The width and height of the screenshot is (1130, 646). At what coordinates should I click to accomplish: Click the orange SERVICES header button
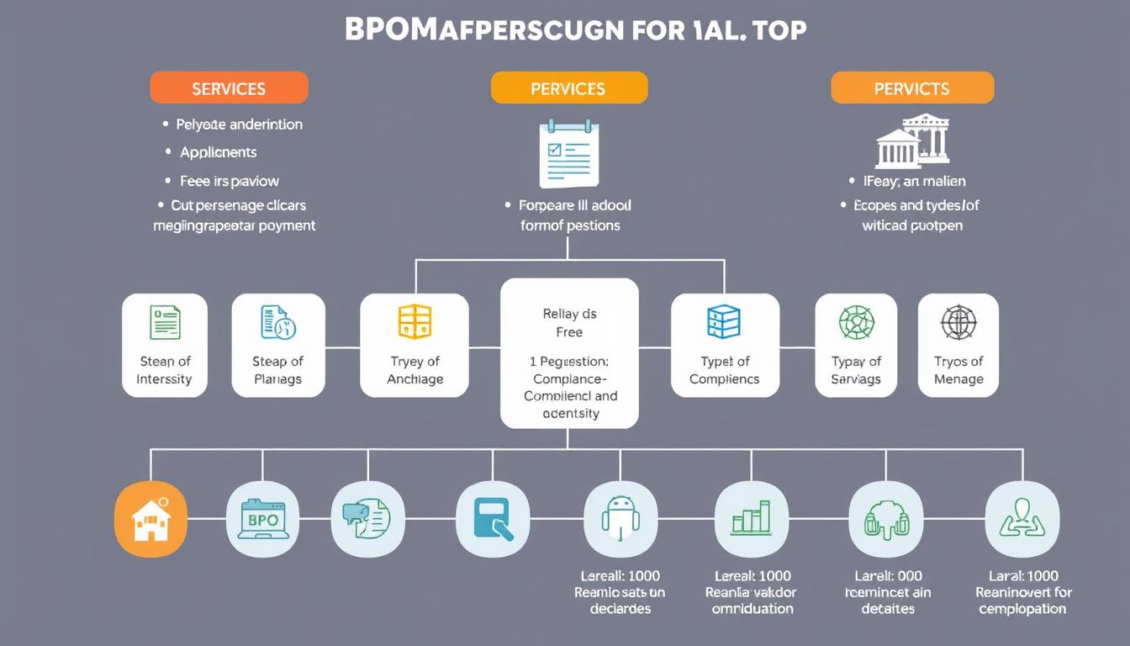[x=229, y=88]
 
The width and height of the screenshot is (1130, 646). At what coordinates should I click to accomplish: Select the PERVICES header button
[x=568, y=88]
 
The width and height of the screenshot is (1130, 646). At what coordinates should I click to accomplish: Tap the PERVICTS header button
[x=912, y=88]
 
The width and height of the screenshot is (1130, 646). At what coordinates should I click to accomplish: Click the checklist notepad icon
[x=569, y=154]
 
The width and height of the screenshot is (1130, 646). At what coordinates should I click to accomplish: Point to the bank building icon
[x=912, y=140]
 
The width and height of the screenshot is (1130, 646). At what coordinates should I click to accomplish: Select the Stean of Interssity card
[x=165, y=345]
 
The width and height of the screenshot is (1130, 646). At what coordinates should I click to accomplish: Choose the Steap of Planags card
[x=277, y=345]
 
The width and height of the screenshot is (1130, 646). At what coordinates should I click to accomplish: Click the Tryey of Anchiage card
[x=415, y=345]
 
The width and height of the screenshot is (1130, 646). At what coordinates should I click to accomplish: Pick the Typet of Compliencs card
[x=725, y=345]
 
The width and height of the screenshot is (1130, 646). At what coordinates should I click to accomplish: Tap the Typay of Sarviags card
[x=856, y=345]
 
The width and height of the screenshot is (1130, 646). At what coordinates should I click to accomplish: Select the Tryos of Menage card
[x=958, y=345]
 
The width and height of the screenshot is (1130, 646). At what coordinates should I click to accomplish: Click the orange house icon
[x=150, y=519]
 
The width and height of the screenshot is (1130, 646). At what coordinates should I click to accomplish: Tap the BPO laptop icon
[x=263, y=519]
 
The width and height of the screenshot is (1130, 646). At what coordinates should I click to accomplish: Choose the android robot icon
[x=620, y=519]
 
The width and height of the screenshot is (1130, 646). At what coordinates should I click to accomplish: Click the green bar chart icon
[x=751, y=519]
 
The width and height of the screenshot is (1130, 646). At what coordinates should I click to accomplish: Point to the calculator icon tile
[x=493, y=519]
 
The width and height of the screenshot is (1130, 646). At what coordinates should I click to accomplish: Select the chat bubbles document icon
[x=367, y=519]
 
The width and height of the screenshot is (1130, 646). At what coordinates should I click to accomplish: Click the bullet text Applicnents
[x=219, y=152]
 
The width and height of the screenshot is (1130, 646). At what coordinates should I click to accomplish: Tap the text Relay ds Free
[x=569, y=323]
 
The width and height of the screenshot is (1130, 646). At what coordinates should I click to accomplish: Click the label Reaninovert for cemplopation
[x=1023, y=600]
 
